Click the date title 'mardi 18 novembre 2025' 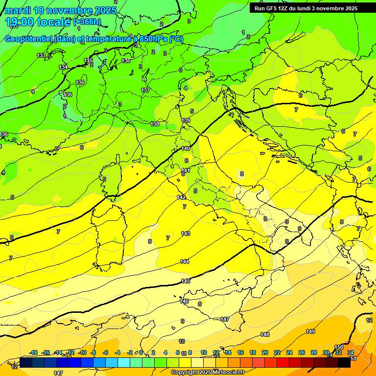[x=61, y=10]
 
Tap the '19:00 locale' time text [x=39, y=22]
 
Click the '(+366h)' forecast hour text [x=87, y=22]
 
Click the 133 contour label [x=41, y=55]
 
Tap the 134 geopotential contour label [x=63, y=67]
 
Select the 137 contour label [x=145, y=90]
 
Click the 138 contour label [x=155, y=124]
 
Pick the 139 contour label [x=186, y=120]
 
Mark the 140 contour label [x=186, y=148]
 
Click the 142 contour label [x=181, y=197]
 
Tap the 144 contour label [x=185, y=261]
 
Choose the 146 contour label [x=184, y=301]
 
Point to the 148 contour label [x=265, y=334]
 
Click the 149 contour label [x=310, y=331]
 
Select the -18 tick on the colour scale [x=34, y=352]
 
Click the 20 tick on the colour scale [x=265, y=352]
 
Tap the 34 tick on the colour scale [x=351, y=352]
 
